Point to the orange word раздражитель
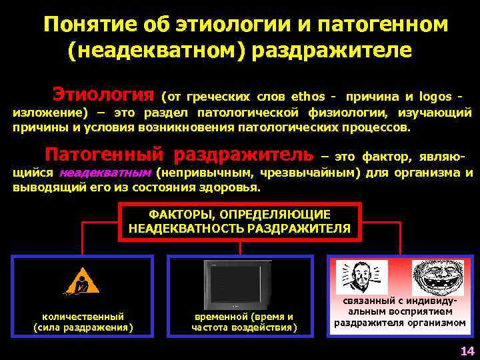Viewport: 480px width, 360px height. [243, 155]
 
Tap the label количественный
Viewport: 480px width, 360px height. [83, 317]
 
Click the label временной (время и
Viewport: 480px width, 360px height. [243, 317]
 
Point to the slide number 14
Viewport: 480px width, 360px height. [466, 351]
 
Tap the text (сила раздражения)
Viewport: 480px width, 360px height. [83, 327]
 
